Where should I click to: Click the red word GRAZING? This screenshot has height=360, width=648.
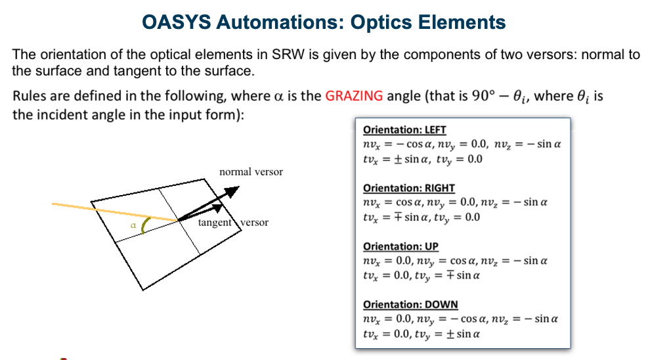click(x=354, y=97)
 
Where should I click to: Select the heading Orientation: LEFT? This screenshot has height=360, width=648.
click(x=404, y=130)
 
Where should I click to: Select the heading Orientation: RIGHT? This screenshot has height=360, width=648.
click(x=408, y=188)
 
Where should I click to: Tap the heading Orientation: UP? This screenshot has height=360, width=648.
click(x=400, y=246)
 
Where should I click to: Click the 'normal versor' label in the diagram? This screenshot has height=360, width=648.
click(x=251, y=172)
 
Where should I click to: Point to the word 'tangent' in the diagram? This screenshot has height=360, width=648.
click(x=215, y=223)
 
